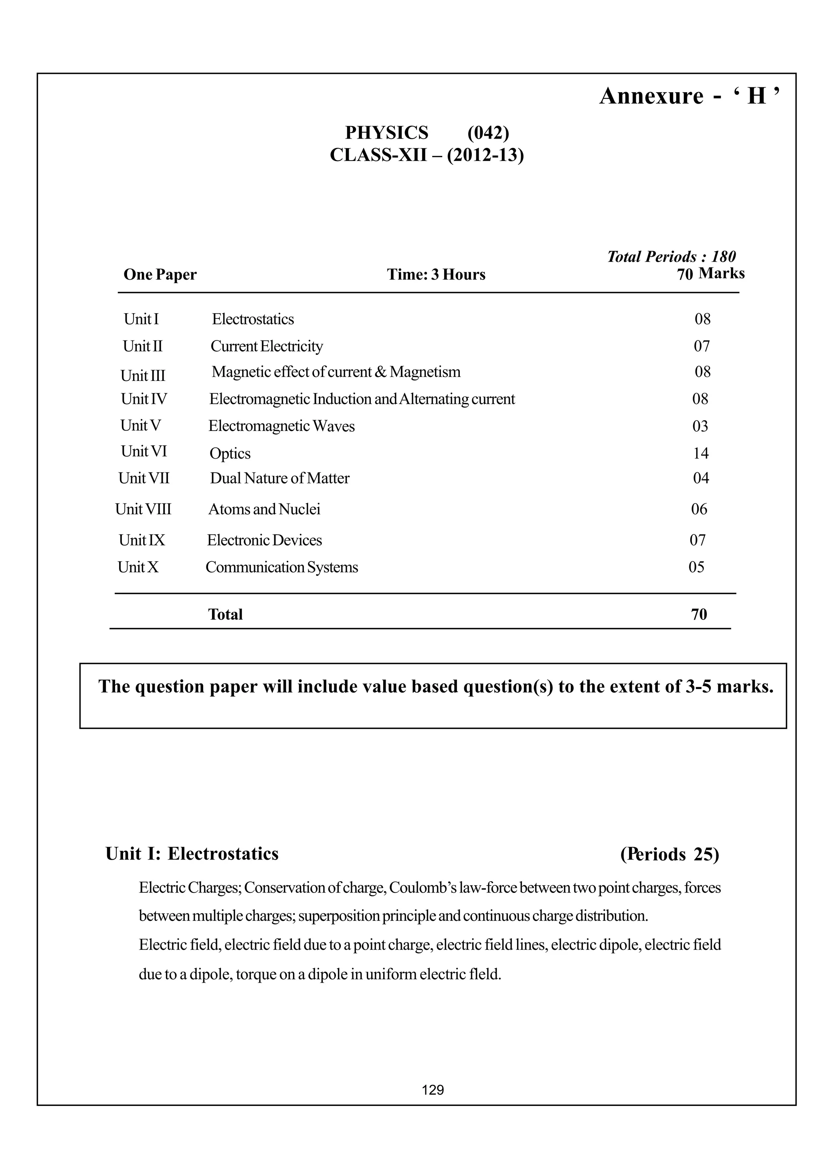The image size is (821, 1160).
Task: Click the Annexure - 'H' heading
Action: pyautogui.click(x=690, y=96)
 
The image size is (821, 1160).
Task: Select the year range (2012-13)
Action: pyautogui.click(x=485, y=155)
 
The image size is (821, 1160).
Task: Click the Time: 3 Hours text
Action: pyautogui.click(x=436, y=274)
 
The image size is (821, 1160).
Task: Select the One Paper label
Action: pyautogui.click(x=160, y=274)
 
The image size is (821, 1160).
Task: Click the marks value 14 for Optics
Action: pyautogui.click(x=700, y=453)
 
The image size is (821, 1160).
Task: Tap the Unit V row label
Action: pyautogui.click(x=141, y=425)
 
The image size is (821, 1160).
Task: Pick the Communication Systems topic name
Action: pyautogui.click(x=281, y=567)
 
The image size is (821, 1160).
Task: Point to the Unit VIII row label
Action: pyautogui.click(x=143, y=509)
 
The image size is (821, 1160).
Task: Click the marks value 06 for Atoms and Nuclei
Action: pyautogui.click(x=699, y=509)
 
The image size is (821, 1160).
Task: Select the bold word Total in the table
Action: pyautogui.click(x=225, y=614)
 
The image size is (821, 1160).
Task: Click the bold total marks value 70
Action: pyautogui.click(x=699, y=614)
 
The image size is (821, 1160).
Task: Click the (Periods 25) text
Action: pyautogui.click(x=669, y=854)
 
